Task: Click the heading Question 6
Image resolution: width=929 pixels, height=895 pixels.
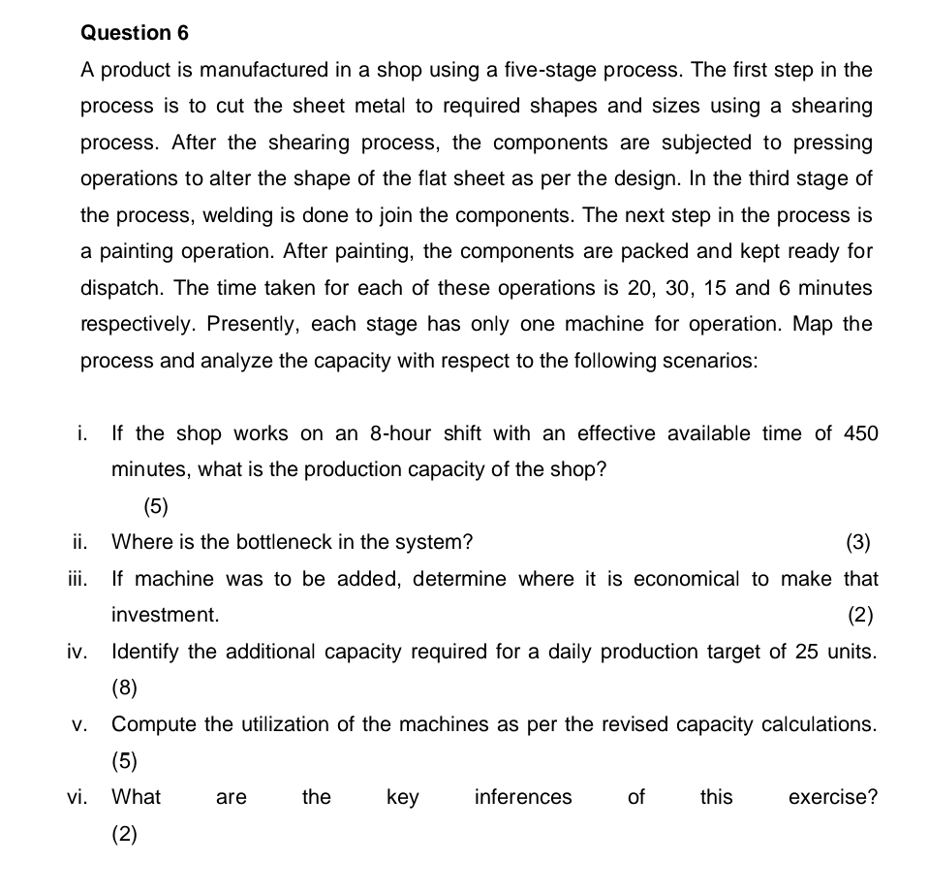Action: click(x=135, y=33)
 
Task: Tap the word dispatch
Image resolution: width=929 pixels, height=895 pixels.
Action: click(x=122, y=288)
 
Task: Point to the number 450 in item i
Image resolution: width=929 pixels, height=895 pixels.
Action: click(x=860, y=433)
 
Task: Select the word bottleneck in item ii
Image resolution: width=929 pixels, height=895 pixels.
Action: click(x=290, y=542)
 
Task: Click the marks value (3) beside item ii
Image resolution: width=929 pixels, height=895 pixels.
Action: click(x=858, y=542)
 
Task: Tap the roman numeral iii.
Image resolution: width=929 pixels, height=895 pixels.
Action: click(x=77, y=579)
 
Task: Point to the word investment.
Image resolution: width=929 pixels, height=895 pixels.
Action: click(x=165, y=615)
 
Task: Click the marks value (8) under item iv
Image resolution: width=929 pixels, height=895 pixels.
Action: click(x=125, y=687)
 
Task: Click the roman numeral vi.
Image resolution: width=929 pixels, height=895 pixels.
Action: click(x=77, y=797)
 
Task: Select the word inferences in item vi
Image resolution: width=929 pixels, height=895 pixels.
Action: click(x=523, y=797)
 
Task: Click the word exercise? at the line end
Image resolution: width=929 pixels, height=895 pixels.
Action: click(x=833, y=797)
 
